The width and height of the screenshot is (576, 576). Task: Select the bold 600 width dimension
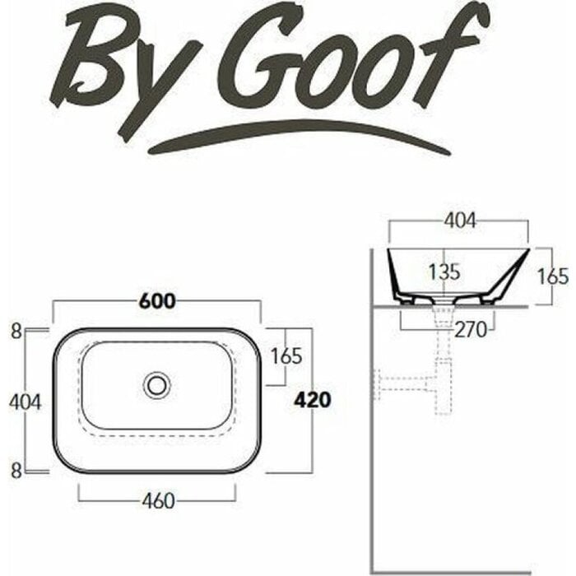click(158, 302)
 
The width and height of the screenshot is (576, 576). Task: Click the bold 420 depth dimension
click(312, 400)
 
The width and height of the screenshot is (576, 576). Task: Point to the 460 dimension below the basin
click(158, 500)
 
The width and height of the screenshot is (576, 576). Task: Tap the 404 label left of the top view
click(25, 402)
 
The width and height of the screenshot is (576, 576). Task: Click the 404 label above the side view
click(460, 221)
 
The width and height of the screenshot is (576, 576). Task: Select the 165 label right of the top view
click(286, 356)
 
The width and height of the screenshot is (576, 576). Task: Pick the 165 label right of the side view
click(553, 276)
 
